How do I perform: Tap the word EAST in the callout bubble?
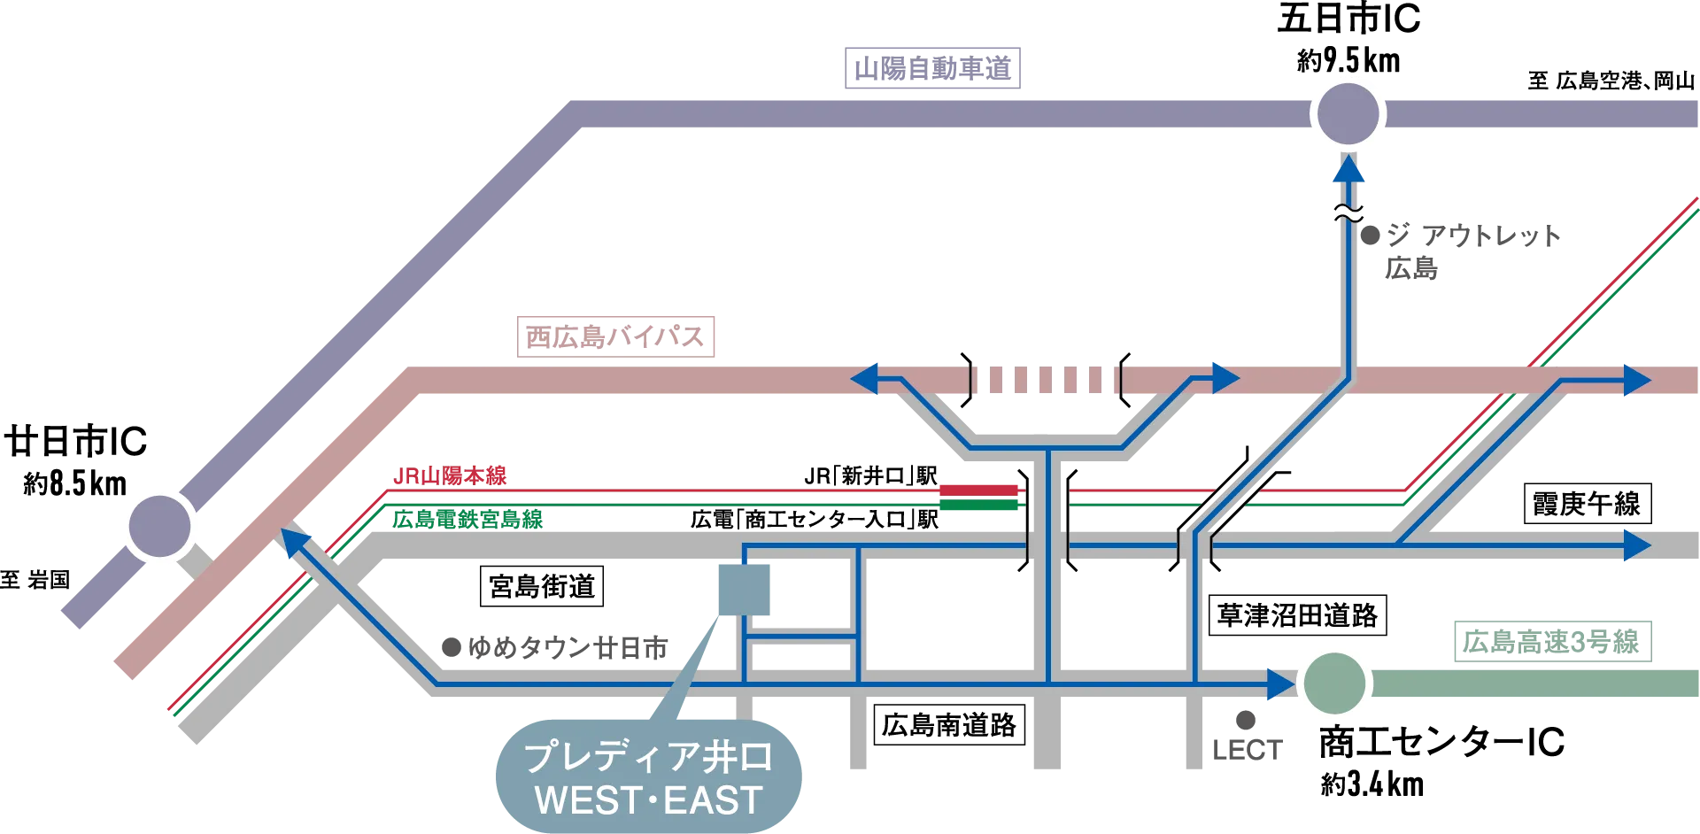pyautogui.click(x=713, y=800)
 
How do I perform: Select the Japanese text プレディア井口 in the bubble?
pyautogui.click(x=649, y=757)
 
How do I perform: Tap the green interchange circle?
pyautogui.click(x=1335, y=683)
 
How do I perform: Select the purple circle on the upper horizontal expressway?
pyautogui.click(x=1348, y=113)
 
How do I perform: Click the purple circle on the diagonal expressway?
pyautogui.click(x=160, y=526)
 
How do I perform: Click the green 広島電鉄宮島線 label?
pyautogui.click(x=467, y=519)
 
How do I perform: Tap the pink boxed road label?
pyautogui.click(x=616, y=336)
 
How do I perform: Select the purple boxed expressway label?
pyautogui.click(x=934, y=67)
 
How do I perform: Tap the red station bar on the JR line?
pyautogui.click(x=978, y=489)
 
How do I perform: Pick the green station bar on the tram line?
pyautogui.click(x=978, y=506)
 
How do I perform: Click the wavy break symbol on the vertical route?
pyautogui.click(x=1348, y=213)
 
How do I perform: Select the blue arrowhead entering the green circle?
pyautogui.click(x=1280, y=683)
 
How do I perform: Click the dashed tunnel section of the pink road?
pyautogui.click(x=1048, y=379)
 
